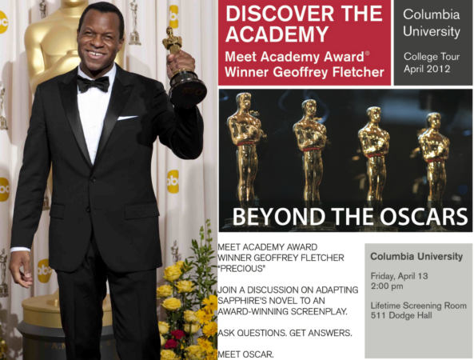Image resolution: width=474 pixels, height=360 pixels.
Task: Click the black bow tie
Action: coord(93,84)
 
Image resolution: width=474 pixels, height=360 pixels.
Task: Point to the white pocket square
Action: coord(127,118)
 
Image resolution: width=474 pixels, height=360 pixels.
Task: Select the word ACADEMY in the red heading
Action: coord(277,34)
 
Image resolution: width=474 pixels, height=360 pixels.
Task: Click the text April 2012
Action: coord(427,69)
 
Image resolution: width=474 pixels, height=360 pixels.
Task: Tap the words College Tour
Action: coord(432,57)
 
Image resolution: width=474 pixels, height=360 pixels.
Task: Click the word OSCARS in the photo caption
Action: coord(423,216)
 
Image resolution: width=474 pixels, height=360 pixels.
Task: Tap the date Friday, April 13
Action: coord(399,276)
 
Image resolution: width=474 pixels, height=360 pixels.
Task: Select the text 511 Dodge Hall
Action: coord(401,315)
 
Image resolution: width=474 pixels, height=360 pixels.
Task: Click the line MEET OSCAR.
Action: coord(245,354)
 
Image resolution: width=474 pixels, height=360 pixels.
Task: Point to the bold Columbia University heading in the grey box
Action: coord(416,257)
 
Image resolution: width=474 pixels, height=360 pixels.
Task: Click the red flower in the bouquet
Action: coord(177,334)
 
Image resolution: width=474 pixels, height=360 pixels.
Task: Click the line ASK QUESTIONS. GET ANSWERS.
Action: coord(285,333)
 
